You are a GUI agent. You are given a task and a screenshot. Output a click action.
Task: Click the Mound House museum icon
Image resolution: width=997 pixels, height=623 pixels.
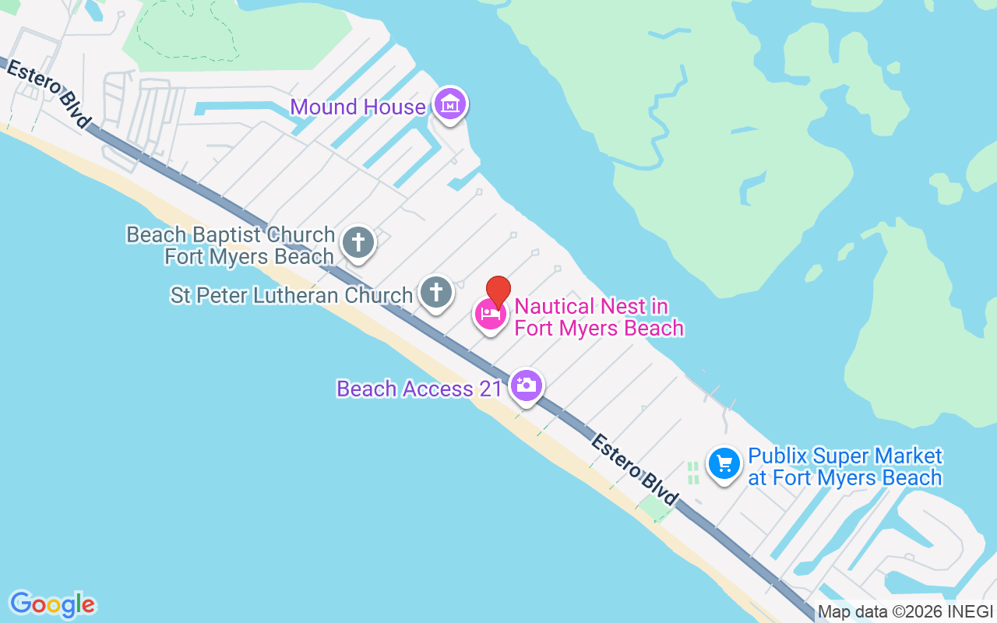click(449, 104)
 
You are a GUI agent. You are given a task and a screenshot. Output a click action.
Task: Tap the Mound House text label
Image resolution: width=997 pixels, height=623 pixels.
click(358, 107)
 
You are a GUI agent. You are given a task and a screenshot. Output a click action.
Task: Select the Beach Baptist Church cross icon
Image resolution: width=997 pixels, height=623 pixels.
click(358, 242)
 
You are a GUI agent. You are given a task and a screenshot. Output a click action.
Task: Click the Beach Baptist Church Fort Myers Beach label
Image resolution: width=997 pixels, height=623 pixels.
click(231, 245)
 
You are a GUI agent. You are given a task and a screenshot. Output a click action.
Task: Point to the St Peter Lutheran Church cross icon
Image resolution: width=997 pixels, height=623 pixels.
click(436, 293)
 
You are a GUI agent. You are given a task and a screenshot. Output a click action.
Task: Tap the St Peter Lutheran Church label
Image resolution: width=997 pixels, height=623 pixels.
click(291, 295)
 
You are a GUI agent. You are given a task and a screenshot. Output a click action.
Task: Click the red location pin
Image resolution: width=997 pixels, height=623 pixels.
click(498, 290)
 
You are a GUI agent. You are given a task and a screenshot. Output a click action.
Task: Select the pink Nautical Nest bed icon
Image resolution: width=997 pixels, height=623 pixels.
click(491, 314)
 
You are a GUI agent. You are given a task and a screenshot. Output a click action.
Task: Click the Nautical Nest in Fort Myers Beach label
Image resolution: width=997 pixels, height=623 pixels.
click(598, 317)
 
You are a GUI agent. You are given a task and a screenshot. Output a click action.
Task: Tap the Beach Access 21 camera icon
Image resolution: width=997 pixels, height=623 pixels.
click(527, 385)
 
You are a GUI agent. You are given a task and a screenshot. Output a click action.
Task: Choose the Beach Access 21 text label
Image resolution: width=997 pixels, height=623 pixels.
click(419, 389)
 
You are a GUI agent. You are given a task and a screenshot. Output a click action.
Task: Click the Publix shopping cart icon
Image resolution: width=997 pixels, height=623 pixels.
click(724, 465)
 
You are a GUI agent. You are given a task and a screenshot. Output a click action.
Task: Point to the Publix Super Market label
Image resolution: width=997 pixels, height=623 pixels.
click(844, 466)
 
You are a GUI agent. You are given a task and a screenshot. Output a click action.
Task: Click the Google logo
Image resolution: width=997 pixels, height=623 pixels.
click(52, 604)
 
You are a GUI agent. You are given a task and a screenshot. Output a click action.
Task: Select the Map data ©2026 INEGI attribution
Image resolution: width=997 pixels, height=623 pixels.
click(905, 612)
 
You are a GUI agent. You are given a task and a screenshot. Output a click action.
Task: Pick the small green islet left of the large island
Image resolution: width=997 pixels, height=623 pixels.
click(813, 273)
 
